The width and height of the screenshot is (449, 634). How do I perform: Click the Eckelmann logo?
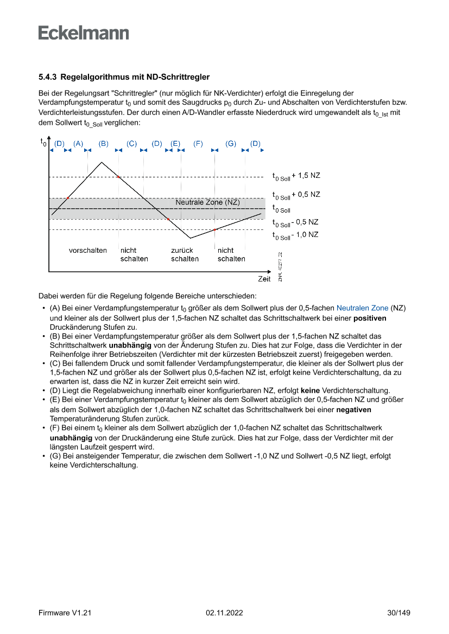point(84,33)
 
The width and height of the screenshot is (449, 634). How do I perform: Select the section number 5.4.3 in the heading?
point(48,77)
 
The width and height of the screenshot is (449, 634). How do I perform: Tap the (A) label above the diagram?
point(78,143)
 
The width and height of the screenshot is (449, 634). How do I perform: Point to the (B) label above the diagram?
point(104,143)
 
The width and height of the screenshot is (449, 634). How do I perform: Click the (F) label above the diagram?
point(198,143)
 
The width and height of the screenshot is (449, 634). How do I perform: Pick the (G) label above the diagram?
point(231,143)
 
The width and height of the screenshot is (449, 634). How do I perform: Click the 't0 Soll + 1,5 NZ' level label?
point(296,176)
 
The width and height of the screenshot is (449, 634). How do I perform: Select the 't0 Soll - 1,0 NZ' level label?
point(295,235)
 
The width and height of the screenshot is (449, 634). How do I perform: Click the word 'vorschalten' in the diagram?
point(87,251)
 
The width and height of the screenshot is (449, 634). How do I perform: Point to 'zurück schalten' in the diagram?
point(185,255)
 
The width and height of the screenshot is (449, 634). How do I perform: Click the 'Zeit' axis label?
point(264,279)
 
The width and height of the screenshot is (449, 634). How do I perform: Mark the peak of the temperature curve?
point(102,162)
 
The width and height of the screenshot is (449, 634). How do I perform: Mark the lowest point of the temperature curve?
point(190,238)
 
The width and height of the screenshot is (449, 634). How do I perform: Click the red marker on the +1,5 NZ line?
point(118,177)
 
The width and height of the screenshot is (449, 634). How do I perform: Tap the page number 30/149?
point(398,613)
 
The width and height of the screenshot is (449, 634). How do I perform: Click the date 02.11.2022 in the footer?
point(224,613)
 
